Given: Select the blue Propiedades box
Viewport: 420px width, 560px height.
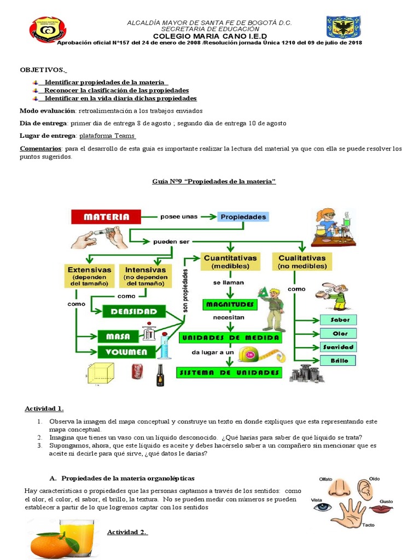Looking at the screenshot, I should (243, 217).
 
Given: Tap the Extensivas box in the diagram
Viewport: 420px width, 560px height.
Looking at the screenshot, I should (89, 277).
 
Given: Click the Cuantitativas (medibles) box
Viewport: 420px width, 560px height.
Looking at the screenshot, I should (230, 261).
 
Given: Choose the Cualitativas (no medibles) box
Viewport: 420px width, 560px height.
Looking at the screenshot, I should (302, 261).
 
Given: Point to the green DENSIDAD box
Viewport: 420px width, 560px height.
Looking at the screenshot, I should (134, 312).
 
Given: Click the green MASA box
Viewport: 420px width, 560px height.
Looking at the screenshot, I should (118, 336).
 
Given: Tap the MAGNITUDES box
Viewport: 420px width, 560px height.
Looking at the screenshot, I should (229, 304).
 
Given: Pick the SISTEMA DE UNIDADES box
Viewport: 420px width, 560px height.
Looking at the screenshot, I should (229, 373).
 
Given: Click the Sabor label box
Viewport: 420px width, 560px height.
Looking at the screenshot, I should (340, 320).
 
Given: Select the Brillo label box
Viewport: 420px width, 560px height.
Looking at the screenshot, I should (340, 360).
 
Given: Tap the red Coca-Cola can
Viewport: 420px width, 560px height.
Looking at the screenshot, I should (137, 372).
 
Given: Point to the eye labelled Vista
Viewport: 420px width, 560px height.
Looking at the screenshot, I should (323, 507).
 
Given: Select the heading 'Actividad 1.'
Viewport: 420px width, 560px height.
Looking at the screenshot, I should (44, 409).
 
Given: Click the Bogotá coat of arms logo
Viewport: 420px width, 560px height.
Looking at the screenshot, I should (343, 28).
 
